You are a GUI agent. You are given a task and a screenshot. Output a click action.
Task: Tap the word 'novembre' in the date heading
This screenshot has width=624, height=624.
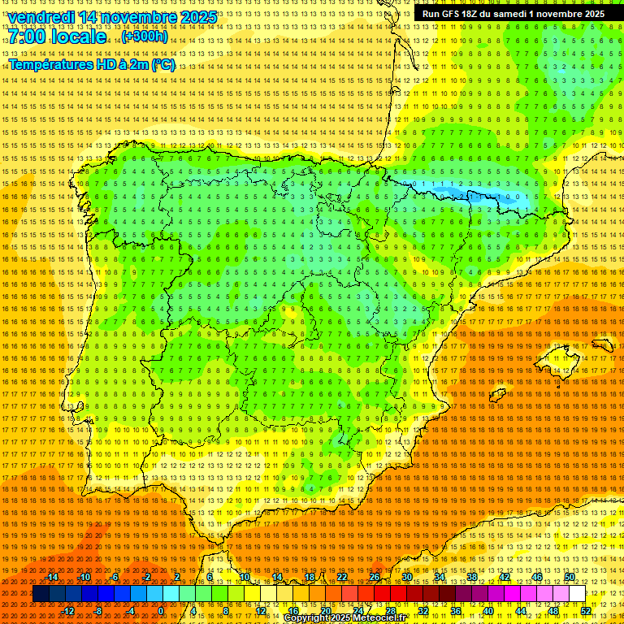[142, 17]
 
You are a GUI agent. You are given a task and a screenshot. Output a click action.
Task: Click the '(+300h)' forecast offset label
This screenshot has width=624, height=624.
[145, 37]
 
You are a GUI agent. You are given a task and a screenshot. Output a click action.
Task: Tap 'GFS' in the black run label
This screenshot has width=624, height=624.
[449, 14]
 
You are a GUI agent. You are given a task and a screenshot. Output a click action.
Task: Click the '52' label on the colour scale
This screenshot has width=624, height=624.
[585, 611]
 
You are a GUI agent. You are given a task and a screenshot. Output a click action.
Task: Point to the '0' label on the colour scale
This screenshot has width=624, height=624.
[162, 611]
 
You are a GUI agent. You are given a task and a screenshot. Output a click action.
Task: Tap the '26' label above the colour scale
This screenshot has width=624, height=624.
[374, 578]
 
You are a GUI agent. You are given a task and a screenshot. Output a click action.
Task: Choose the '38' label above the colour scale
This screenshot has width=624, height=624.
[471, 578]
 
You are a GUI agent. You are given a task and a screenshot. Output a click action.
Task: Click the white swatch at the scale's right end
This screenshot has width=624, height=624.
[577, 594]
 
